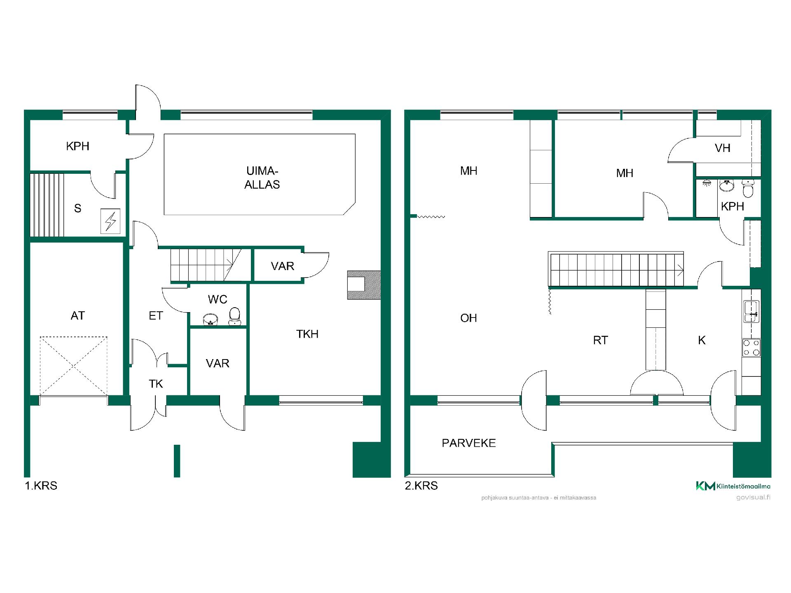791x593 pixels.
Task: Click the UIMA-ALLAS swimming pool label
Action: [x=262, y=178]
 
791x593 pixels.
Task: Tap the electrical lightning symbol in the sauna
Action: [x=110, y=221]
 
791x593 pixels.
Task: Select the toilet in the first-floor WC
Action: [x=235, y=316]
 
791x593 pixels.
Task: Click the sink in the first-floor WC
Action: [x=211, y=320]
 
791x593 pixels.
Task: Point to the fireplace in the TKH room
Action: [x=364, y=285]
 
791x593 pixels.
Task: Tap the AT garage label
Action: [x=78, y=316]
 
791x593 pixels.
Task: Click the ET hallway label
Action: [x=156, y=316]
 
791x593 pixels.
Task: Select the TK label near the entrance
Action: [x=156, y=384]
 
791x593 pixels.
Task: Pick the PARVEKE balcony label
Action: [x=469, y=443]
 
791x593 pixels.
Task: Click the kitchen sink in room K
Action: [x=751, y=311]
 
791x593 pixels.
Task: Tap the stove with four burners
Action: [x=751, y=348]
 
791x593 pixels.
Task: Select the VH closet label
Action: [x=723, y=148]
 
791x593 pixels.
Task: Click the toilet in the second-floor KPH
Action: [x=748, y=189]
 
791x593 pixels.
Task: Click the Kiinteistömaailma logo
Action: [x=733, y=486]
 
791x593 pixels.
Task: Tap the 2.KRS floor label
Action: [x=421, y=486]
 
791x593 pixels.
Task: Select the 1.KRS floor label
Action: [x=41, y=486]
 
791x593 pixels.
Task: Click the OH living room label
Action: [x=469, y=318]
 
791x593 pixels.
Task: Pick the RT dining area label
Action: [x=600, y=340]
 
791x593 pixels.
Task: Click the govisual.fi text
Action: [x=753, y=497]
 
